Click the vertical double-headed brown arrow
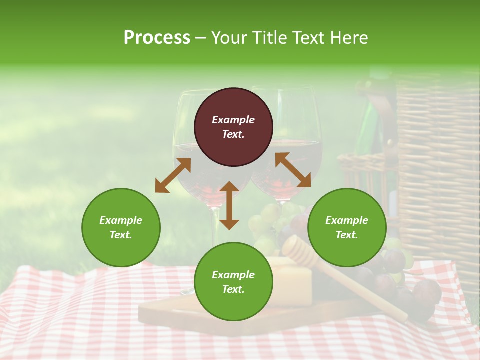229,205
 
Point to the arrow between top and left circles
173,175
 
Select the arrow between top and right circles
293,170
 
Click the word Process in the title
157,37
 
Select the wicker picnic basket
435,165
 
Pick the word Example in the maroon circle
233,120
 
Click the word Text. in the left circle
121,235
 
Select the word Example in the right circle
347,220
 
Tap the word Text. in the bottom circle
233,289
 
